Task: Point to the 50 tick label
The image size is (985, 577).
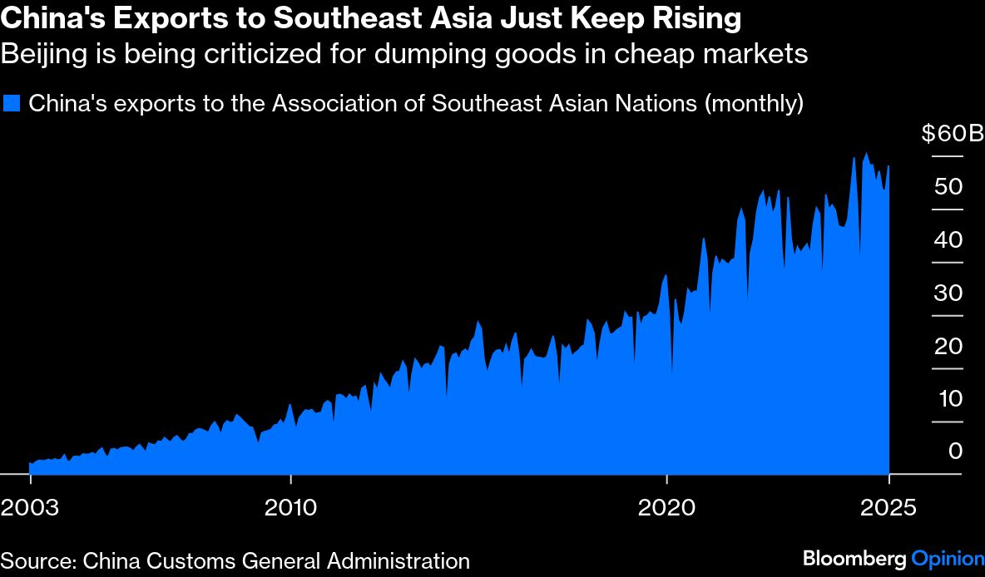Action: coord(948,186)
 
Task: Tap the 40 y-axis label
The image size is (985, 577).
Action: coord(948,239)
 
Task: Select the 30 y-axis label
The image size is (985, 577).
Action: coord(948,293)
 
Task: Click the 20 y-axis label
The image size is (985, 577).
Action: coord(948,346)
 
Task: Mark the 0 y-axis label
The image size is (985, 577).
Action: coord(955,451)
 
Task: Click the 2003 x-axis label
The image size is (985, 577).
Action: coord(30,507)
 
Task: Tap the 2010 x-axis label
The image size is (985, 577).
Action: coord(290,507)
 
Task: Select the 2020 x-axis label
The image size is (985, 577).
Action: coord(667,507)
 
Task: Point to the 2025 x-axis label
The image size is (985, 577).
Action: coord(888,507)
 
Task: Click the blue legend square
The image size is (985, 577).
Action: coord(11,104)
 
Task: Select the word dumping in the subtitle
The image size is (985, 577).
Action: coord(443,55)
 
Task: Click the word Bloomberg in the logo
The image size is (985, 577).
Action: coord(854,559)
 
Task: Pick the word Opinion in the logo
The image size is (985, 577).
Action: coord(943,559)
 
